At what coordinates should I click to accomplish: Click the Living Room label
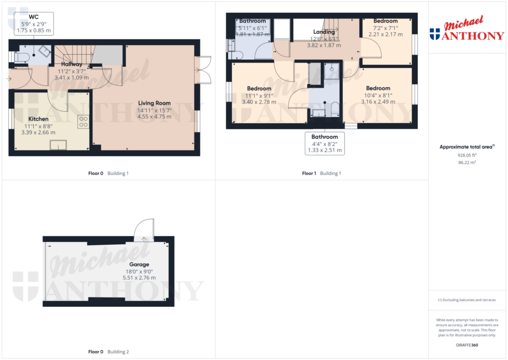(154, 103)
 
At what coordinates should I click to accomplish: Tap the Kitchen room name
(38, 119)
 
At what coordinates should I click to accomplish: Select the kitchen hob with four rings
(83, 122)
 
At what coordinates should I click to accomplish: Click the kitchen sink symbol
(59, 145)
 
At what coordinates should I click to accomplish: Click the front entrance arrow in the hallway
(9, 79)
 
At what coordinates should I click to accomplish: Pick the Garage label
(139, 264)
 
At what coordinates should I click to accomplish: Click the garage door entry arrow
(144, 239)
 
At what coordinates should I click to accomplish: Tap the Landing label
(324, 32)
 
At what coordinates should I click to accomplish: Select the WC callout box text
(34, 24)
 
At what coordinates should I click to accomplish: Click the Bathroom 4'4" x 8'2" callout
(324, 144)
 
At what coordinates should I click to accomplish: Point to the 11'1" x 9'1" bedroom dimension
(259, 96)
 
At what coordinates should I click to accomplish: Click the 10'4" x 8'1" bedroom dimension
(378, 95)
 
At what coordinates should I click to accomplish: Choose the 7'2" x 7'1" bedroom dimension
(385, 28)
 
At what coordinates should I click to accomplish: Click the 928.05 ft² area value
(467, 155)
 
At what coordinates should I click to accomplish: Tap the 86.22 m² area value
(467, 162)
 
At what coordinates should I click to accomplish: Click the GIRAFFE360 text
(467, 345)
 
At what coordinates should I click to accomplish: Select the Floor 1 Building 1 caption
(321, 173)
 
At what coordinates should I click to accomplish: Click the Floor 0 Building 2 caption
(109, 352)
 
